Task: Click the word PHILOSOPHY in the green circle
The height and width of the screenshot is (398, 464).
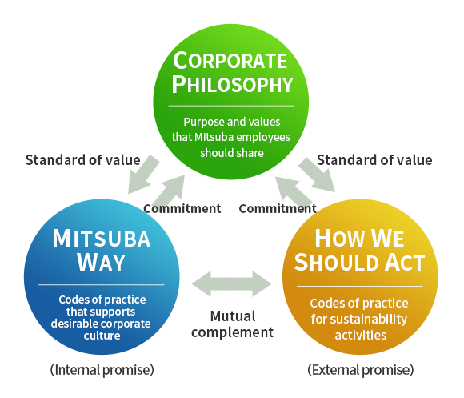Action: [x=232, y=84]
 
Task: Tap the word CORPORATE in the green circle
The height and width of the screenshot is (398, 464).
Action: [x=230, y=60]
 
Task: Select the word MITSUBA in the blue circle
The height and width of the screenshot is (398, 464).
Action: [x=102, y=239]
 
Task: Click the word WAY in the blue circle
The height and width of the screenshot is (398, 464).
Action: [x=101, y=262]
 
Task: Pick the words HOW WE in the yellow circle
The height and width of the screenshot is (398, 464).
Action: [x=359, y=238]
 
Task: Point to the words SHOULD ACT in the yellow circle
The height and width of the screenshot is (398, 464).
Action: [x=359, y=263]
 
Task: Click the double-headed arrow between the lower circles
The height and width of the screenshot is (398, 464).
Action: [x=231, y=283]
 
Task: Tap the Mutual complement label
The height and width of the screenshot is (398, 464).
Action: [x=232, y=324]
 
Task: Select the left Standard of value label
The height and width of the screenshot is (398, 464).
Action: [x=83, y=160]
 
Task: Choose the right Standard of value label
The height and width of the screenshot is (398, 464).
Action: [x=374, y=160]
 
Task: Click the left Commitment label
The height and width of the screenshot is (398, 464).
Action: [x=182, y=208]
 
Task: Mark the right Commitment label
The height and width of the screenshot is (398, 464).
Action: [x=278, y=208]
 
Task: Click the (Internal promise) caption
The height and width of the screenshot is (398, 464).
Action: [x=102, y=370]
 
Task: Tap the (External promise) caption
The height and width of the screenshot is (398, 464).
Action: [x=361, y=370]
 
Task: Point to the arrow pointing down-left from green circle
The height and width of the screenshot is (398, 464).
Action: [x=143, y=175]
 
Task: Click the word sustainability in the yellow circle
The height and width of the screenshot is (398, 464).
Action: [x=369, y=320]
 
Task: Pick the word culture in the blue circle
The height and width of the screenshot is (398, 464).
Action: [x=102, y=336]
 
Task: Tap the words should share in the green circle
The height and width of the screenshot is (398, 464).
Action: [x=232, y=153]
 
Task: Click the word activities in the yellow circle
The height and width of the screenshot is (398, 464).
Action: [x=361, y=336]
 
